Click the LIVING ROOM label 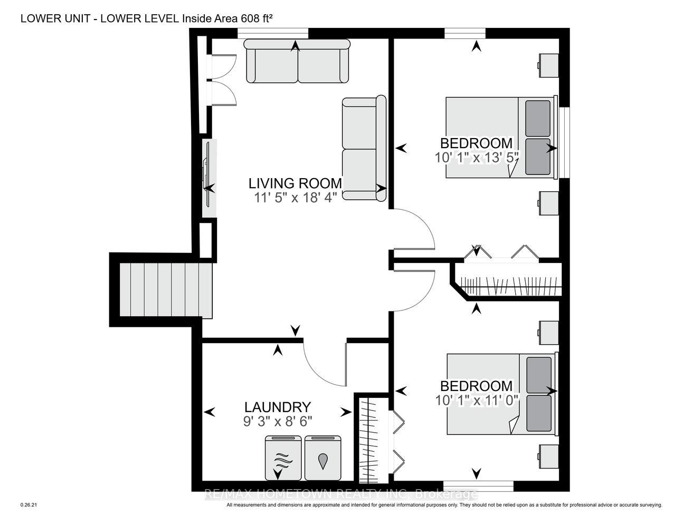tap(295, 183)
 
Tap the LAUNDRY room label tap(278, 407)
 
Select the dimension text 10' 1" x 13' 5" tap(476, 158)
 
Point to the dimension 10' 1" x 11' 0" tap(476, 401)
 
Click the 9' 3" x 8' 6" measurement tap(278, 421)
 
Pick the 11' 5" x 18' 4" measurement tap(296, 198)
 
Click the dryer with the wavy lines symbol tap(283, 462)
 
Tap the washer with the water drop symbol tap(323, 462)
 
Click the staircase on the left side tap(166, 290)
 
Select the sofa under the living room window tap(297, 61)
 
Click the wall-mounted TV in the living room tap(208, 178)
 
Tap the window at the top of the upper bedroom tap(465, 33)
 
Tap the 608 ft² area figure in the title tap(257, 18)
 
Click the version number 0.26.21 tap(29, 505)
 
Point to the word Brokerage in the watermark tap(447, 494)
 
